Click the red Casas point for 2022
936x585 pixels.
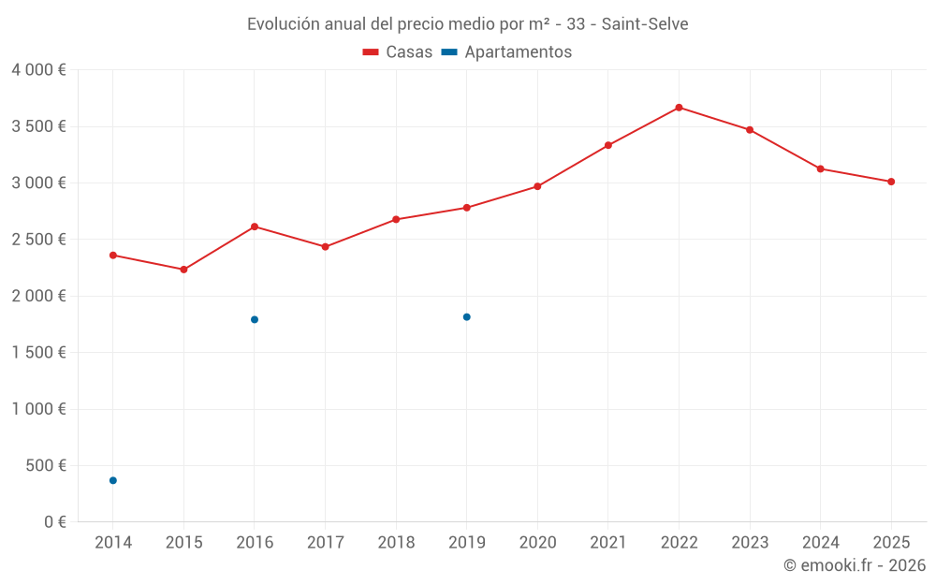point(679,108)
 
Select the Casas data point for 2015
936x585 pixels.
point(183,270)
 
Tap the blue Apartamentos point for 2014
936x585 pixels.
point(113,480)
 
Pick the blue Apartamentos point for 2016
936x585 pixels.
point(255,319)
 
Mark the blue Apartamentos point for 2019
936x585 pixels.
point(466,317)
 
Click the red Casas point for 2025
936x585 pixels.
point(891,182)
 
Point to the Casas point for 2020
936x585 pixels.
point(537,186)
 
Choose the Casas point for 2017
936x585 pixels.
point(325,247)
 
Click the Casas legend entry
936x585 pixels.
point(398,52)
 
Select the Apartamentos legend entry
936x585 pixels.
point(506,52)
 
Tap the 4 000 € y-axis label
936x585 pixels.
point(38,70)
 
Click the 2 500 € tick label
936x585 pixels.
point(38,240)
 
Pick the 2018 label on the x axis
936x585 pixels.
point(396,543)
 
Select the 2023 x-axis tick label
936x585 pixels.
point(750,543)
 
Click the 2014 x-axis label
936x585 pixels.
point(113,543)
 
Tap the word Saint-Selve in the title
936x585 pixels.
point(645,24)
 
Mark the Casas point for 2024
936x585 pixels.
point(820,168)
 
